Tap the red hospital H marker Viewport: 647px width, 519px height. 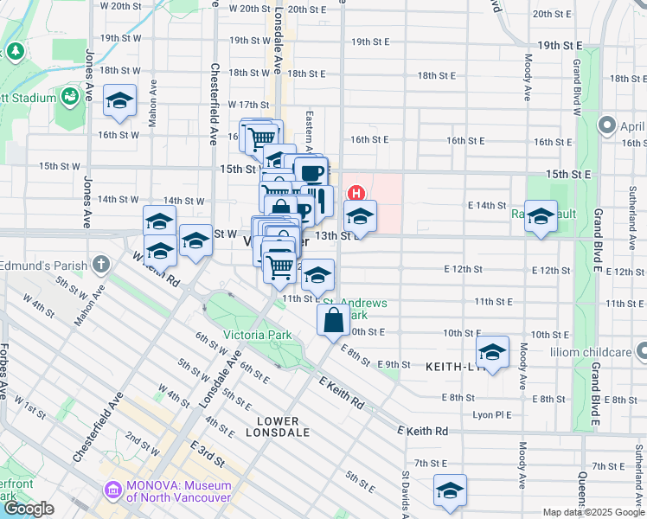[x=354, y=192]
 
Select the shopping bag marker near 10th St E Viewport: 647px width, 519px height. [x=333, y=320]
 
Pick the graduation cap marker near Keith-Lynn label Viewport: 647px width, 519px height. [x=492, y=352]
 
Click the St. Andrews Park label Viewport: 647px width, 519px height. [x=355, y=309]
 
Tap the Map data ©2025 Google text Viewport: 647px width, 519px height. [x=593, y=512]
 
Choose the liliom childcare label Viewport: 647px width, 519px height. [x=589, y=353]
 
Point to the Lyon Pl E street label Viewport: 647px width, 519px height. [x=494, y=415]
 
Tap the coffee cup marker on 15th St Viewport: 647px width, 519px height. [x=310, y=171]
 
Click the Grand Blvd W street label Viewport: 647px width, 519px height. [x=575, y=86]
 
